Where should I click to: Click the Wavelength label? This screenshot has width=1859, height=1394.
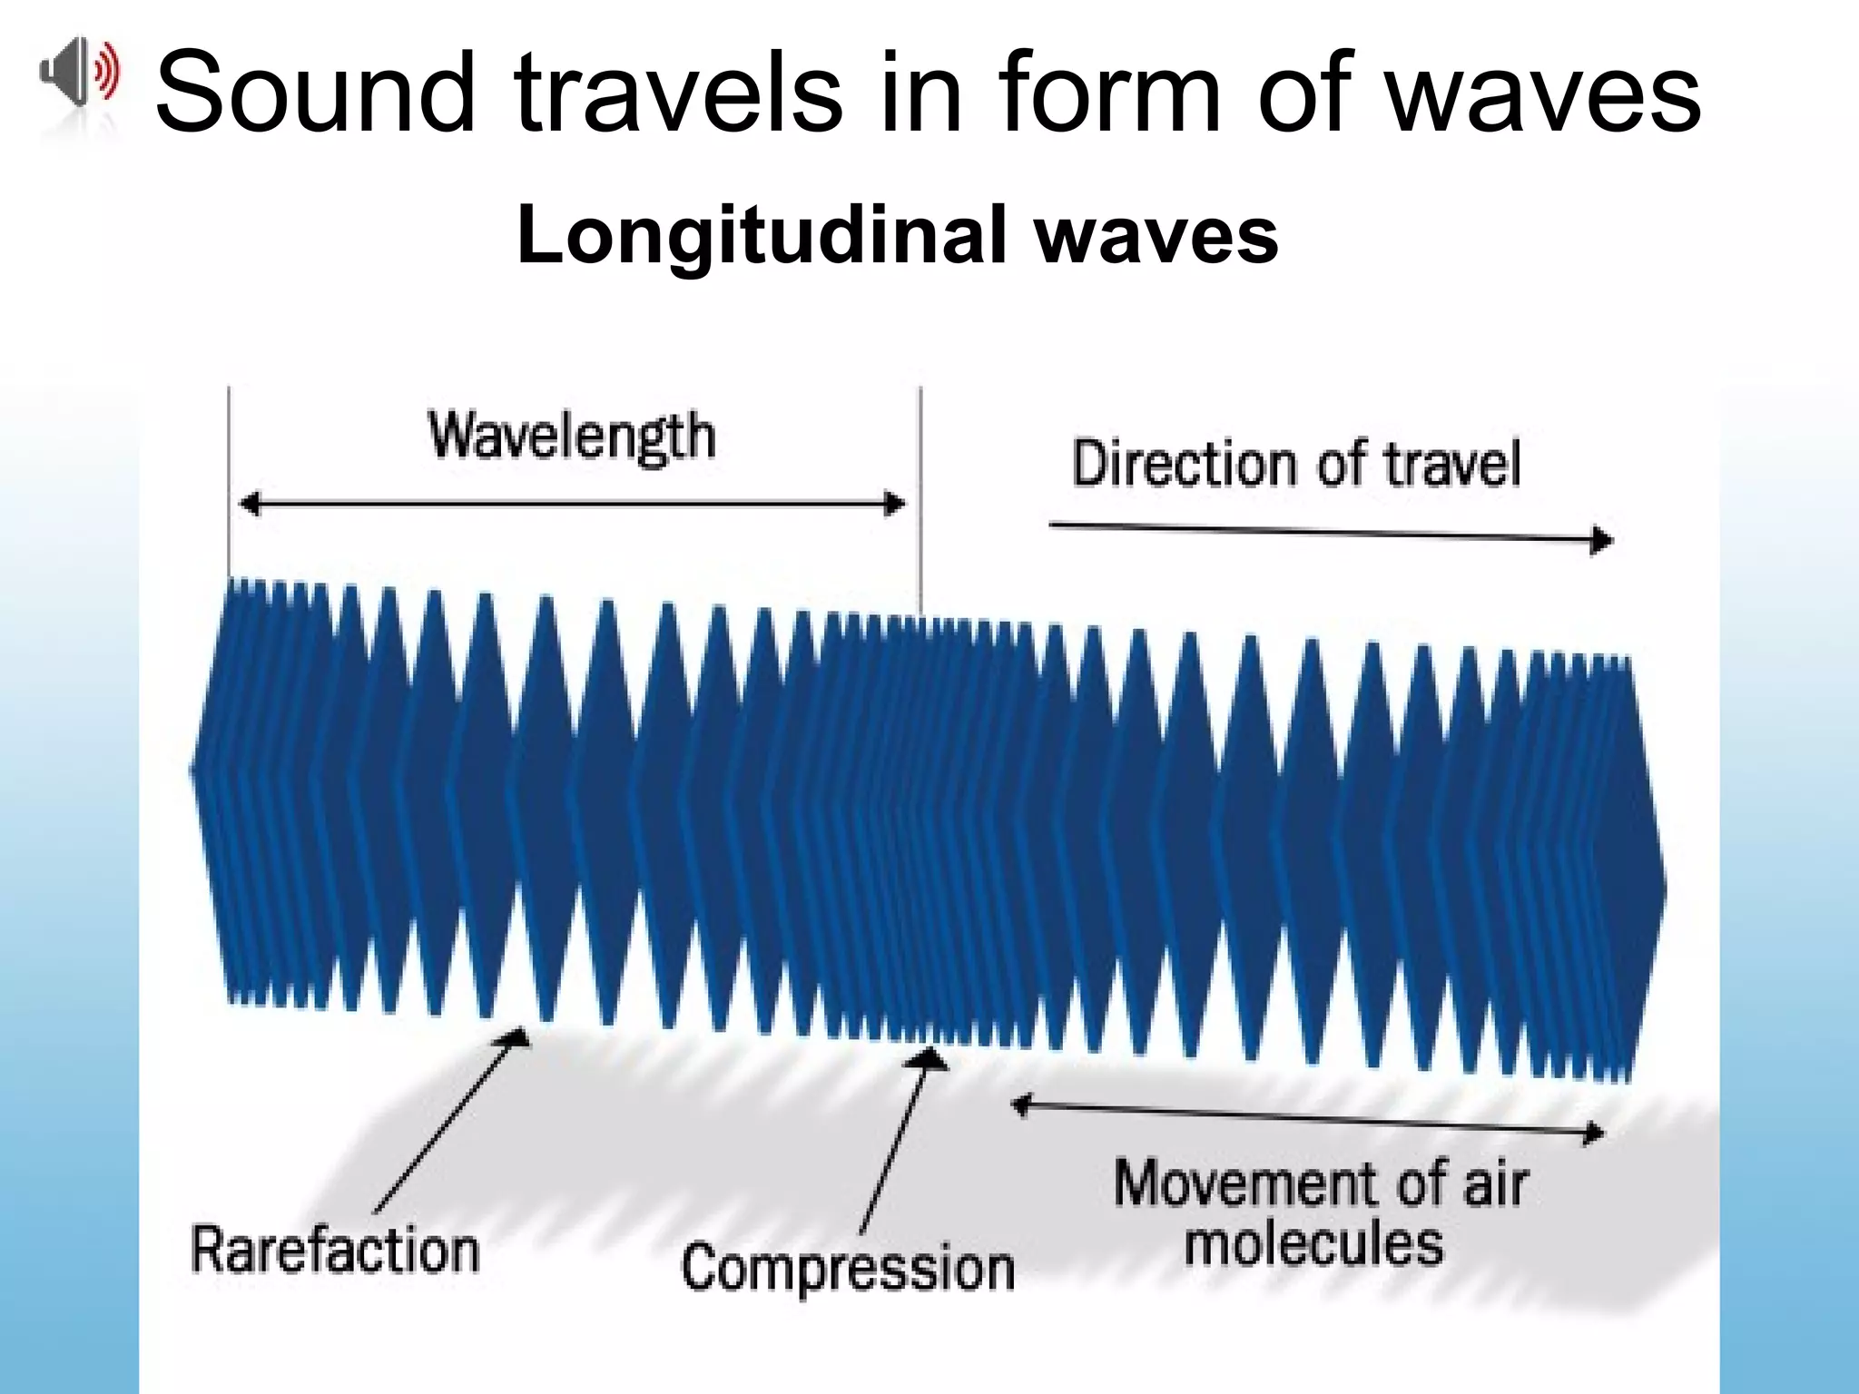point(572,437)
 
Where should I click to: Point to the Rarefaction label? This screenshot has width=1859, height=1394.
point(335,1251)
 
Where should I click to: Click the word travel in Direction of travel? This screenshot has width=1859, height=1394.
point(1452,464)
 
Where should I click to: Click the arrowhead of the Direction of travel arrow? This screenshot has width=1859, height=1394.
point(1603,541)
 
